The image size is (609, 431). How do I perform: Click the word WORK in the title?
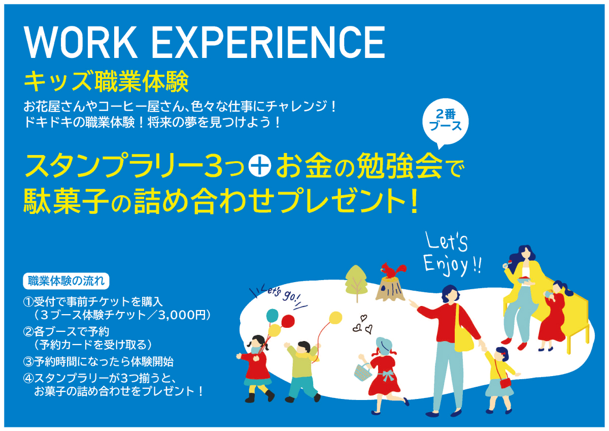(81, 43)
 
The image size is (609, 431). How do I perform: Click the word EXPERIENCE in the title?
(268, 43)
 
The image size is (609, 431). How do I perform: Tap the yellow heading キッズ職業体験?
(106, 81)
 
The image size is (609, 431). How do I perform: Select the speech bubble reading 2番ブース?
(446, 123)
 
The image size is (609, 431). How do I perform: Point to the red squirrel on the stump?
(393, 270)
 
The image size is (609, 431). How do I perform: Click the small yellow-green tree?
(356, 283)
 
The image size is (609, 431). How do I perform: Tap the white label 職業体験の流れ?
(66, 281)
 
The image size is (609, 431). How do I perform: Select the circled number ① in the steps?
(28, 302)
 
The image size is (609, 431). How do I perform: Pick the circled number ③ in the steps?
(28, 362)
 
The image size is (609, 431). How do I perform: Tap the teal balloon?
(272, 315)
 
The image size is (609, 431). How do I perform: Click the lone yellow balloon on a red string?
(335, 318)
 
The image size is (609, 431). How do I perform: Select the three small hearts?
(362, 325)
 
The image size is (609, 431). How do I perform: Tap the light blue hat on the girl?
(384, 346)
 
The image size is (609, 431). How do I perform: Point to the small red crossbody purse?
(505, 383)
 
